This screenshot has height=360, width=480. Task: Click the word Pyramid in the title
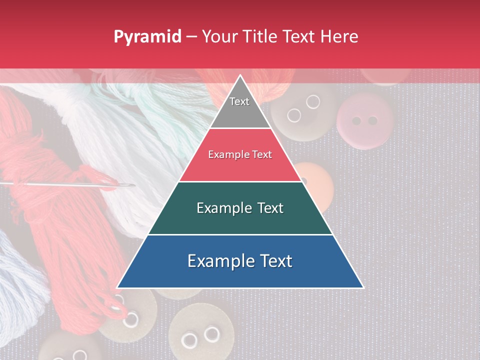pos(147,36)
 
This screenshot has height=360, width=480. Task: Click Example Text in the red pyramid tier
pos(240,154)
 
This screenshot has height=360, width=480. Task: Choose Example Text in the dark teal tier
pos(240,208)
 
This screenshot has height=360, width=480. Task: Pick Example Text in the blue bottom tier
pos(240,261)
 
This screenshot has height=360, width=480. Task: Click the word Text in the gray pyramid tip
pos(239,101)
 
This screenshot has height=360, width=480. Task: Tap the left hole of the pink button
pos(356,121)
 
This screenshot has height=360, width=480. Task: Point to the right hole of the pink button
pos(372,120)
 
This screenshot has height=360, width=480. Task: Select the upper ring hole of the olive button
pos(313,102)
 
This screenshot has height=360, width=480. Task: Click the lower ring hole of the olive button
pos(294,115)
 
